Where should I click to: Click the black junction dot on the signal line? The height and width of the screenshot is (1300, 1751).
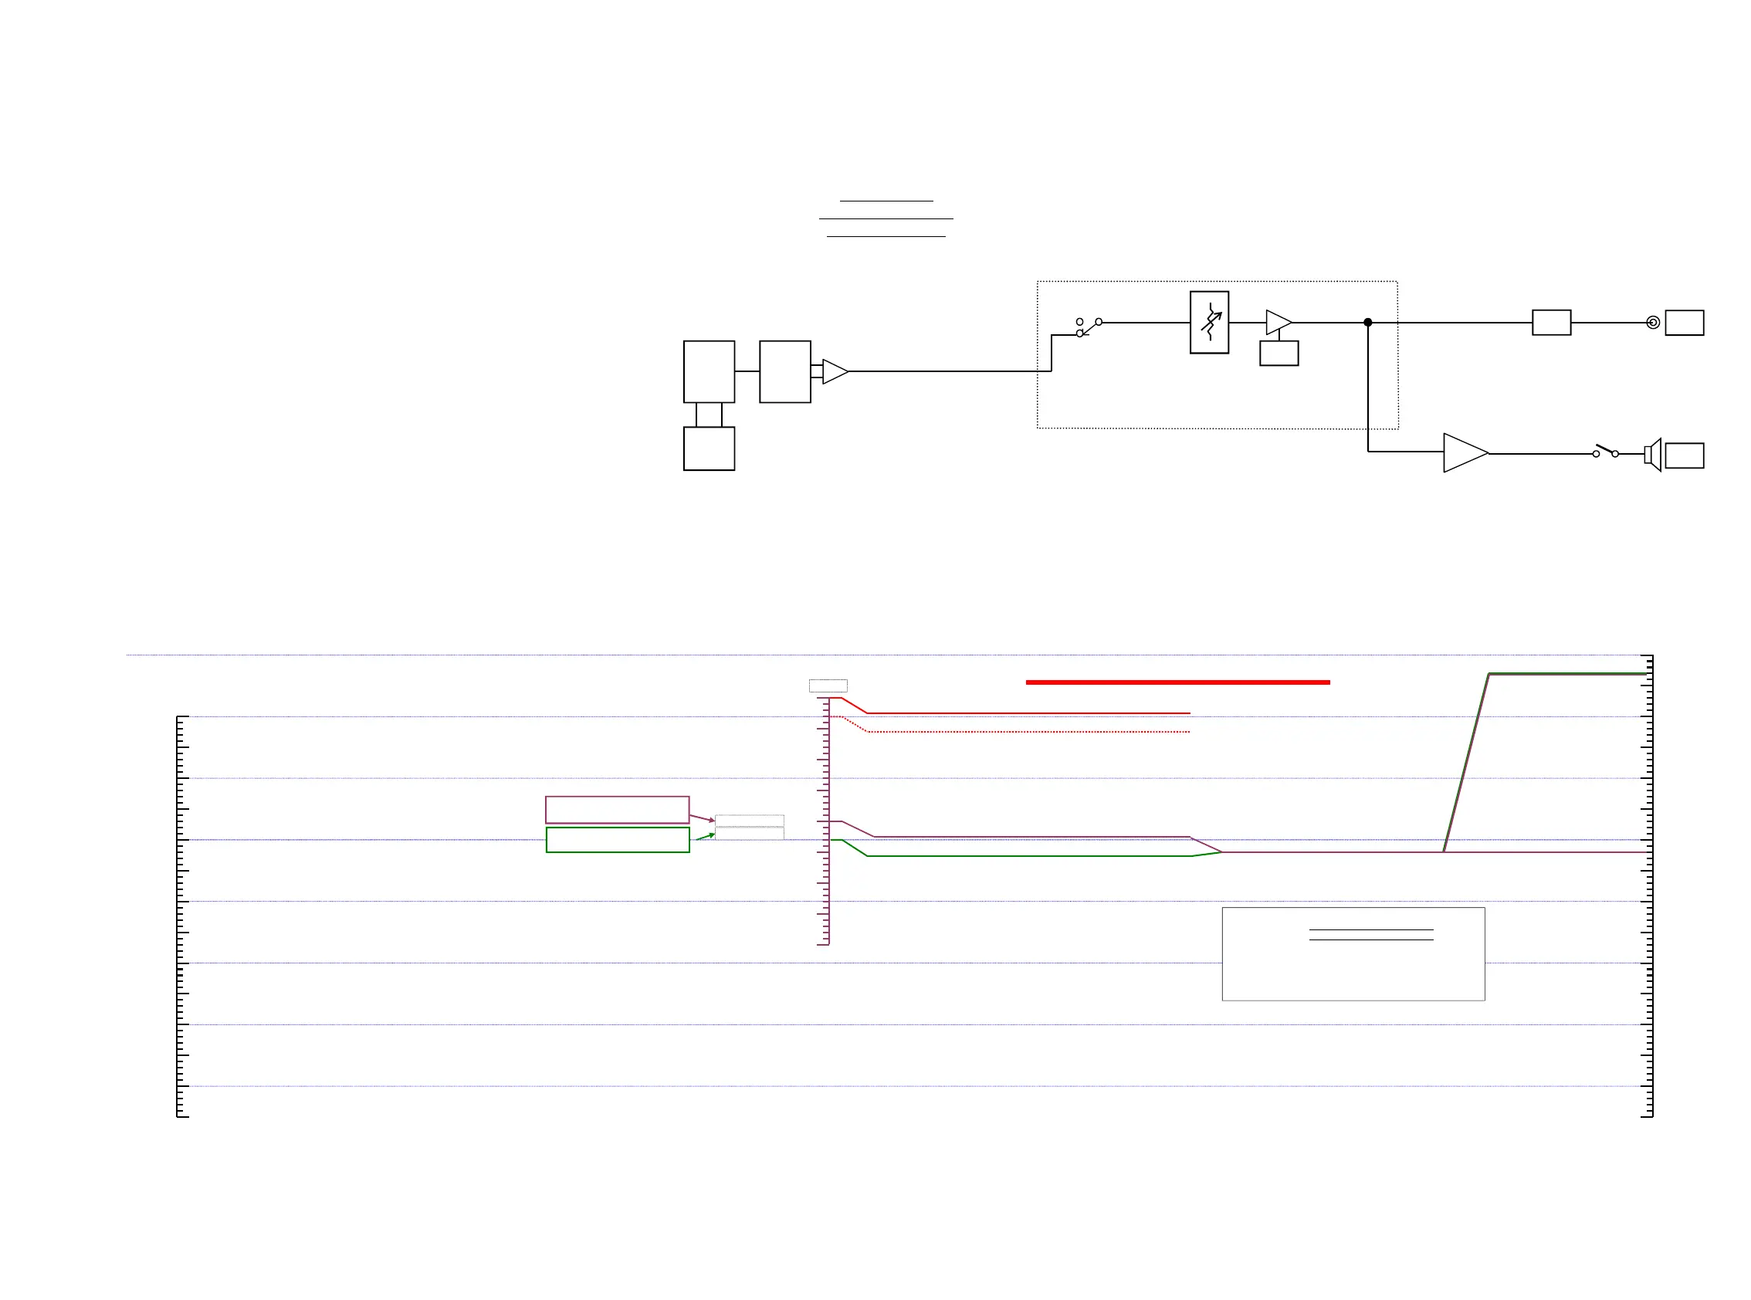click(x=1368, y=323)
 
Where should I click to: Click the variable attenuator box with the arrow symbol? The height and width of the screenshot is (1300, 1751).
click(x=1209, y=323)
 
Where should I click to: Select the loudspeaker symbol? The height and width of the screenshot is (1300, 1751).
click(x=1652, y=455)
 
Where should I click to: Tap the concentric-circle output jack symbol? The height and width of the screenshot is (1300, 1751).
click(x=1653, y=323)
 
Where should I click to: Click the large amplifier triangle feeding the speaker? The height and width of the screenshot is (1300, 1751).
click(x=1464, y=453)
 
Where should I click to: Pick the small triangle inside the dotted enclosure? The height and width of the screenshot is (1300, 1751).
click(x=1277, y=323)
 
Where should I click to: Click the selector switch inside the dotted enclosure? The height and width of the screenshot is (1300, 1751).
click(x=1089, y=327)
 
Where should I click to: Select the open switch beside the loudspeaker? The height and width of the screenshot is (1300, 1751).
click(x=1605, y=452)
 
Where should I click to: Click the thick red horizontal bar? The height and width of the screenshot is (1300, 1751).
click(x=1177, y=682)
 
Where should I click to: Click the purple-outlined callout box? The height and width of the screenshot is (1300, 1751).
click(x=617, y=810)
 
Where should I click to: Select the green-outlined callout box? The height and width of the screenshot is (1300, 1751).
click(x=617, y=840)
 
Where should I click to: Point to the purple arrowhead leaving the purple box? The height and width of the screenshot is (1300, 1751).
click(x=711, y=820)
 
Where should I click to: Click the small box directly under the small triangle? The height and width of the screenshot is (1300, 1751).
click(x=1279, y=354)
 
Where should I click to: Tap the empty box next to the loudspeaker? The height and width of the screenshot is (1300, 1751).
click(x=1684, y=455)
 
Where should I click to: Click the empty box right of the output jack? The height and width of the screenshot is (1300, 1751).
click(x=1684, y=323)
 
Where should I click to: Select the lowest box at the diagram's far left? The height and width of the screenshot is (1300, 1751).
click(x=708, y=449)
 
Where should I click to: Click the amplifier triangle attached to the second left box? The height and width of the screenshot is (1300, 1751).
click(x=834, y=371)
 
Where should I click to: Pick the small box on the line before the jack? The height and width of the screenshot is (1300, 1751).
click(x=1551, y=323)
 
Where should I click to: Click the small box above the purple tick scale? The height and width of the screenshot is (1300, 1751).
click(x=828, y=686)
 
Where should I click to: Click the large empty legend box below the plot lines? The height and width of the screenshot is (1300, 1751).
click(x=1353, y=954)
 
